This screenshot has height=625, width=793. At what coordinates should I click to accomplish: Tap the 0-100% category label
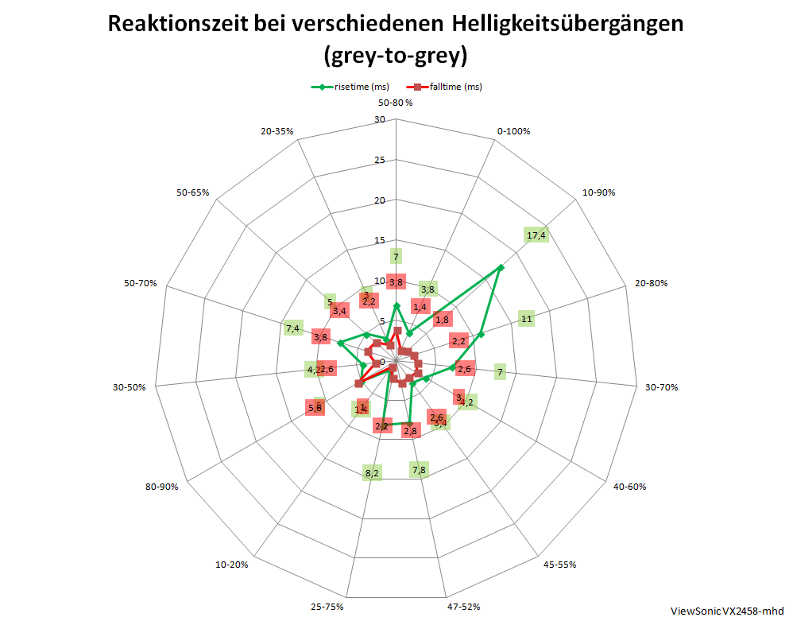pyautogui.click(x=513, y=131)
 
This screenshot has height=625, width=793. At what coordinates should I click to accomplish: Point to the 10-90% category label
pyautogui.click(x=599, y=192)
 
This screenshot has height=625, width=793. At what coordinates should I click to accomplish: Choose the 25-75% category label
pyautogui.click(x=328, y=607)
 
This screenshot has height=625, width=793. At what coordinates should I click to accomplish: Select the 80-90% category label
pyautogui.click(x=161, y=486)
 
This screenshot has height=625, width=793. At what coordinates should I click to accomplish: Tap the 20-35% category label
pyautogui.click(x=277, y=131)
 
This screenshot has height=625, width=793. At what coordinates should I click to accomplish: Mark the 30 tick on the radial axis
pyautogui.click(x=379, y=120)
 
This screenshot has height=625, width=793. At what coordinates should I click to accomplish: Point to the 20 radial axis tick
pyautogui.click(x=379, y=200)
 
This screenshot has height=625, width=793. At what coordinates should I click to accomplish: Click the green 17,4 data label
pyautogui.click(x=536, y=235)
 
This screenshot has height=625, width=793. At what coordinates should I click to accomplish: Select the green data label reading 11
pyautogui.click(x=526, y=319)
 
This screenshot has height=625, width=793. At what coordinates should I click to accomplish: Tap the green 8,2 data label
pyautogui.click(x=372, y=473)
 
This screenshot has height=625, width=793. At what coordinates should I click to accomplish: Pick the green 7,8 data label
pyautogui.click(x=420, y=470)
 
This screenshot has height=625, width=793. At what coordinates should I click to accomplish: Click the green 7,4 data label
pyautogui.click(x=292, y=328)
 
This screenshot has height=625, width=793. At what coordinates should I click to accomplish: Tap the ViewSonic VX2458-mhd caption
pyautogui.click(x=727, y=611)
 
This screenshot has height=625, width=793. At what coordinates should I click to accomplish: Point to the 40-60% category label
pyautogui.click(x=629, y=486)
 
